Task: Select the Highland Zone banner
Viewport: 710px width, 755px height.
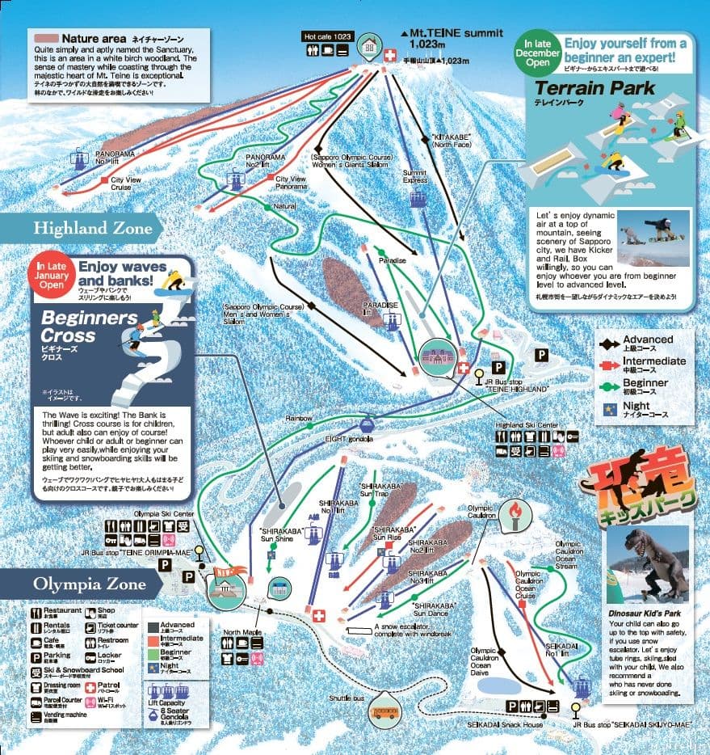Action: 93,229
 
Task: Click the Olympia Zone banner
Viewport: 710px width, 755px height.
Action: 89,584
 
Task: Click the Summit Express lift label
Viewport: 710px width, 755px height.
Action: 414,176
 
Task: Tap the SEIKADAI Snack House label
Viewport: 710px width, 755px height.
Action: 498,724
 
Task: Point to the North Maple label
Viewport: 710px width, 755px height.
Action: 242,632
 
